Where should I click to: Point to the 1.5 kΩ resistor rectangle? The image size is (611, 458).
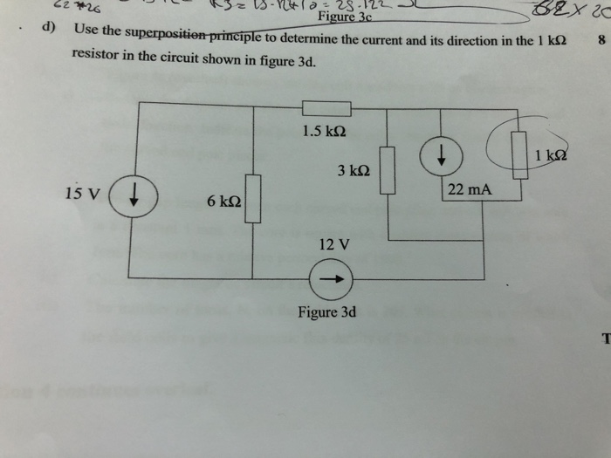click(326, 108)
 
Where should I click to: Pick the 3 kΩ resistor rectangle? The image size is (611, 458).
click(388, 169)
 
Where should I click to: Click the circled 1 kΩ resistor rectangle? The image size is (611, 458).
click(520, 156)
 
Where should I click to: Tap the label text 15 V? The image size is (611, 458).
click(82, 192)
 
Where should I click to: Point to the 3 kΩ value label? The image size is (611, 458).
click(354, 172)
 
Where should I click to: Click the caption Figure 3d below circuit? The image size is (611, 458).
click(326, 311)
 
